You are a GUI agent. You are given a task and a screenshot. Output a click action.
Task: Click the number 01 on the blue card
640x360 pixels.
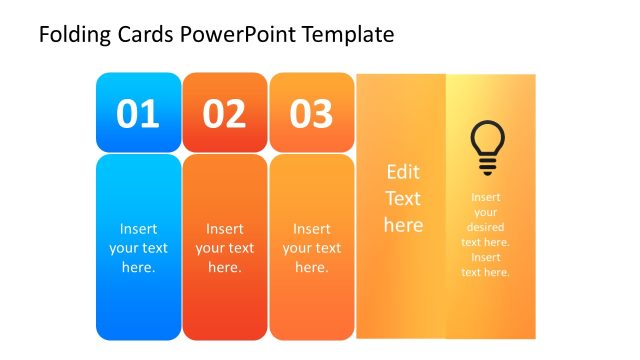pyautogui.click(x=138, y=114)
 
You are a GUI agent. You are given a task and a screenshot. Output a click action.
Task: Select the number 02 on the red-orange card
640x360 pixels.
pyautogui.click(x=224, y=114)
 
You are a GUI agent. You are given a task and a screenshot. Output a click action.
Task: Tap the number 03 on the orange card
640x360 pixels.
pyautogui.click(x=311, y=114)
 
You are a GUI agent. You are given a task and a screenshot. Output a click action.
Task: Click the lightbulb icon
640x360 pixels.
pyautogui.click(x=487, y=148)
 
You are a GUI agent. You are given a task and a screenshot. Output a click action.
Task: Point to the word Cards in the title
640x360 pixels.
pyautogui.click(x=146, y=35)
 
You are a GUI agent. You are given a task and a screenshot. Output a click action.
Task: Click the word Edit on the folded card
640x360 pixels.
pyautogui.click(x=403, y=172)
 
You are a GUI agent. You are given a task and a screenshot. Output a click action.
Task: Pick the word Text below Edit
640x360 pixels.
pyautogui.click(x=403, y=198)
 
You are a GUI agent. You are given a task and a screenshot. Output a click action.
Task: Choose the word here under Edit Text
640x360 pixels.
pyautogui.click(x=403, y=225)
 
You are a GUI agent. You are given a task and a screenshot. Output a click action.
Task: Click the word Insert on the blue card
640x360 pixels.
pyautogui.click(x=138, y=229)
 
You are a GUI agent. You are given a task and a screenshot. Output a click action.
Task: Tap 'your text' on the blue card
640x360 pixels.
pyautogui.click(x=138, y=248)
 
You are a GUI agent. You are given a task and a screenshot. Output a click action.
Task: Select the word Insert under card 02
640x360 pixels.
pyautogui.click(x=225, y=229)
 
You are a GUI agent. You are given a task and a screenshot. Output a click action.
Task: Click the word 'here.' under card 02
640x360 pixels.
pyautogui.click(x=225, y=267)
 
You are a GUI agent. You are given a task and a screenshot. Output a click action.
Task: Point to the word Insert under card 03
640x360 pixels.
pyautogui.click(x=312, y=229)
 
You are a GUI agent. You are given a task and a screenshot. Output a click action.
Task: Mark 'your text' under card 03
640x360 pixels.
pyautogui.click(x=312, y=248)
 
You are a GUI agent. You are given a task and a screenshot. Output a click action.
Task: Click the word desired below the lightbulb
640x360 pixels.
pyautogui.click(x=486, y=227)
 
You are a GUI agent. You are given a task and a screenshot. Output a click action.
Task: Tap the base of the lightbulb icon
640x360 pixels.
pyautogui.click(x=487, y=169)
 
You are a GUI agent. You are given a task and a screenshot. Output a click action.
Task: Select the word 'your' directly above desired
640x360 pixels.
pyautogui.click(x=486, y=212)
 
